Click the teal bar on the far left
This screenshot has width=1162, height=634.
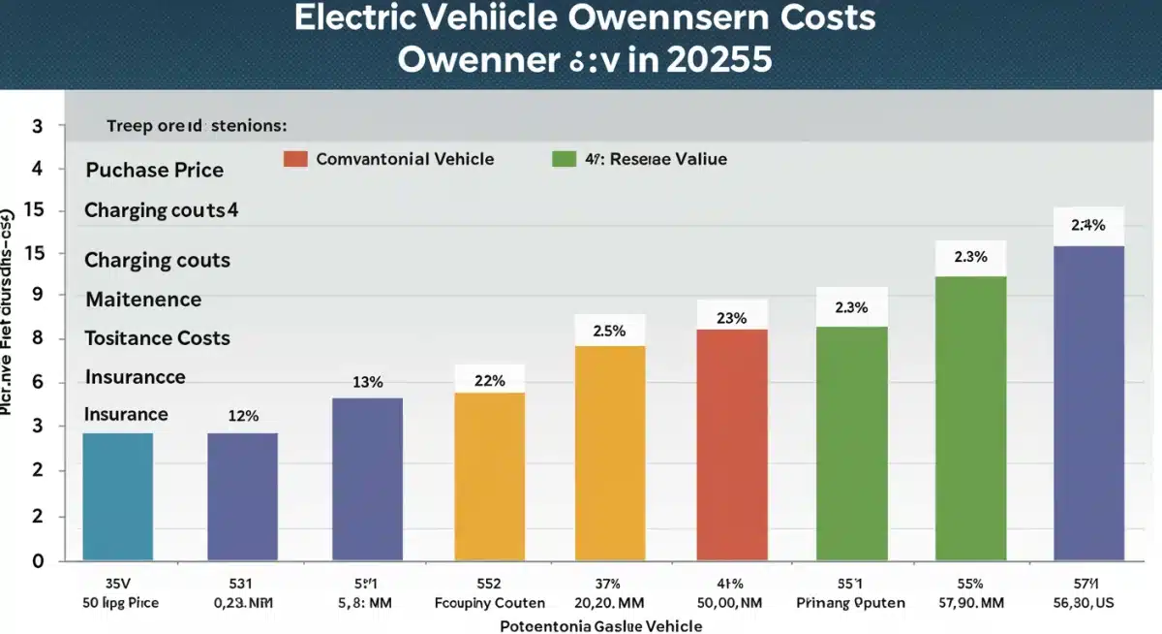click(117, 496)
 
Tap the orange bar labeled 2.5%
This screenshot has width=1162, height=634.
click(610, 453)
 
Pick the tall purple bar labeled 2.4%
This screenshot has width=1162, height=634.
click(1088, 402)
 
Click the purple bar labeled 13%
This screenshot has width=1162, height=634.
click(367, 479)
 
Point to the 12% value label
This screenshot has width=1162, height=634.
click(242, 416)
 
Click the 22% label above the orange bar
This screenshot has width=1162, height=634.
click(490, 381)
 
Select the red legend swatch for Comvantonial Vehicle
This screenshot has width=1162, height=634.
click(295, 159)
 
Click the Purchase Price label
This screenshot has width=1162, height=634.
click(155, 171)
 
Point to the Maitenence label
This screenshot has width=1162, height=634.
click(143, 300)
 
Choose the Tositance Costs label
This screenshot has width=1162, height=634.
click(157, 338)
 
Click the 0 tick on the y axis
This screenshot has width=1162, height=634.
click(38, 561)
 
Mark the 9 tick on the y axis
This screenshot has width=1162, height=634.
click(38, 295)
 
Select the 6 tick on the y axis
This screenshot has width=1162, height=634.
click(38, 382)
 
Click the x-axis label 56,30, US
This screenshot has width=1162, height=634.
click(1088, 602)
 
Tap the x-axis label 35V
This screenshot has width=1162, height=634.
click(116, 584)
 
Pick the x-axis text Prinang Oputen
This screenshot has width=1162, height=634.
click(851, 602)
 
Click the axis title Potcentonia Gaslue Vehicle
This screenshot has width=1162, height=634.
click(600, 625)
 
